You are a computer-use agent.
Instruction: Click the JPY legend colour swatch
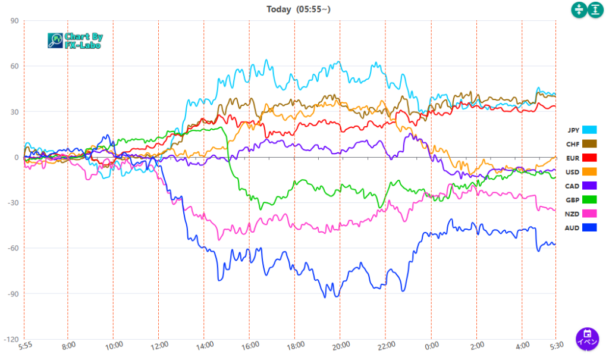[x=589, y=130]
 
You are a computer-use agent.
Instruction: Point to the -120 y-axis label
[x=11, y=339]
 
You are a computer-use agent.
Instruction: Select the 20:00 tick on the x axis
[x=341, y=345]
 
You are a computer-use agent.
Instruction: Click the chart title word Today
[x=279, y=9]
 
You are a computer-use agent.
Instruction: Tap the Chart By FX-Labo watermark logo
[x=75, y=40]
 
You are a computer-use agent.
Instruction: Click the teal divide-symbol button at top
[x=579, y=10]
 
